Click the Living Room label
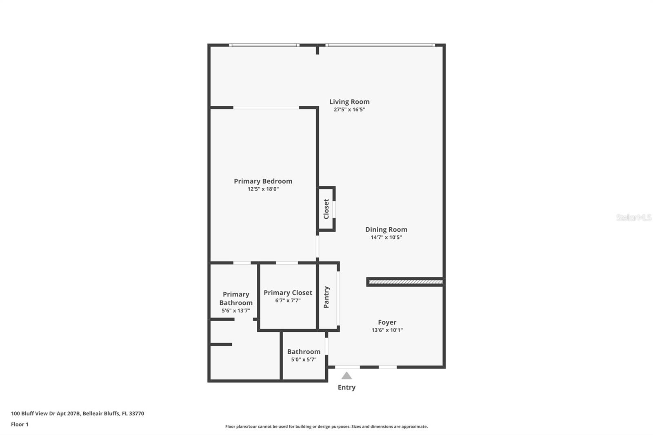(349, 102)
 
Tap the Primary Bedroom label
(263, 181)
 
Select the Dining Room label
(386, 229)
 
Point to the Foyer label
(387, 322)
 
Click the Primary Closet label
(288, 293)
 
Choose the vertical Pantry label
(326, 297)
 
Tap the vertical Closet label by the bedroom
(326, 209)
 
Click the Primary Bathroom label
(236, 298)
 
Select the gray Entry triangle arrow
(346, 376)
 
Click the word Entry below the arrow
(346, 387)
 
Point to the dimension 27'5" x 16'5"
(349, 109)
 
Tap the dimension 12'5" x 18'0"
(263, 189)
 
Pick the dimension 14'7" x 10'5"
(386, 237)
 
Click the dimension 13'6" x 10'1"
(387, 330)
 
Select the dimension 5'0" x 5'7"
(304, 360)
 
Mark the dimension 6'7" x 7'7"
(288, 300)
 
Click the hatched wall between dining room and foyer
(405, 282)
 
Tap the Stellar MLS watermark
(633, 217)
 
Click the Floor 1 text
(20, 424)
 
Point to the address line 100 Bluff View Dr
(78, 413)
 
